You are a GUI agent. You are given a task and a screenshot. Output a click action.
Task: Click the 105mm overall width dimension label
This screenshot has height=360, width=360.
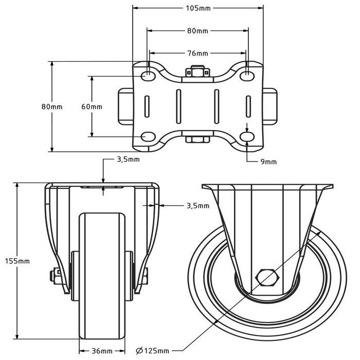pos(198,8)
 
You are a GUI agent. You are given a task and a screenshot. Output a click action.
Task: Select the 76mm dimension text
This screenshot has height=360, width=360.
pos(197,53)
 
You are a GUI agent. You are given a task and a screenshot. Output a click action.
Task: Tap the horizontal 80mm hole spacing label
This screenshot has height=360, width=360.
pos(197,31)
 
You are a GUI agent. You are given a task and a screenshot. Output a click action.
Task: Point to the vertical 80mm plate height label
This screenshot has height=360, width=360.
pos(51,106)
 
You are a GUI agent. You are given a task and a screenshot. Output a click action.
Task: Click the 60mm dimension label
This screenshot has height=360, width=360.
pos(92,106)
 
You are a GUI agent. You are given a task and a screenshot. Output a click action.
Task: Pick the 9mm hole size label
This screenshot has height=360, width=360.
pos(268,161)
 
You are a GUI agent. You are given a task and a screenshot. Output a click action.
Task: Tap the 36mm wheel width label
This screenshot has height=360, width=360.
pos(102,351)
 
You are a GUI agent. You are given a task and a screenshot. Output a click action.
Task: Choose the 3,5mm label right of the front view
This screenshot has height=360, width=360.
pos(197,206)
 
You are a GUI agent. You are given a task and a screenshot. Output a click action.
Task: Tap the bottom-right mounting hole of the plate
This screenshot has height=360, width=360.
pos(248,137)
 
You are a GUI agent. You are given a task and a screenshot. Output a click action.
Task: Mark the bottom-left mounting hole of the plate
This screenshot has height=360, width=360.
pos(148,137)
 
